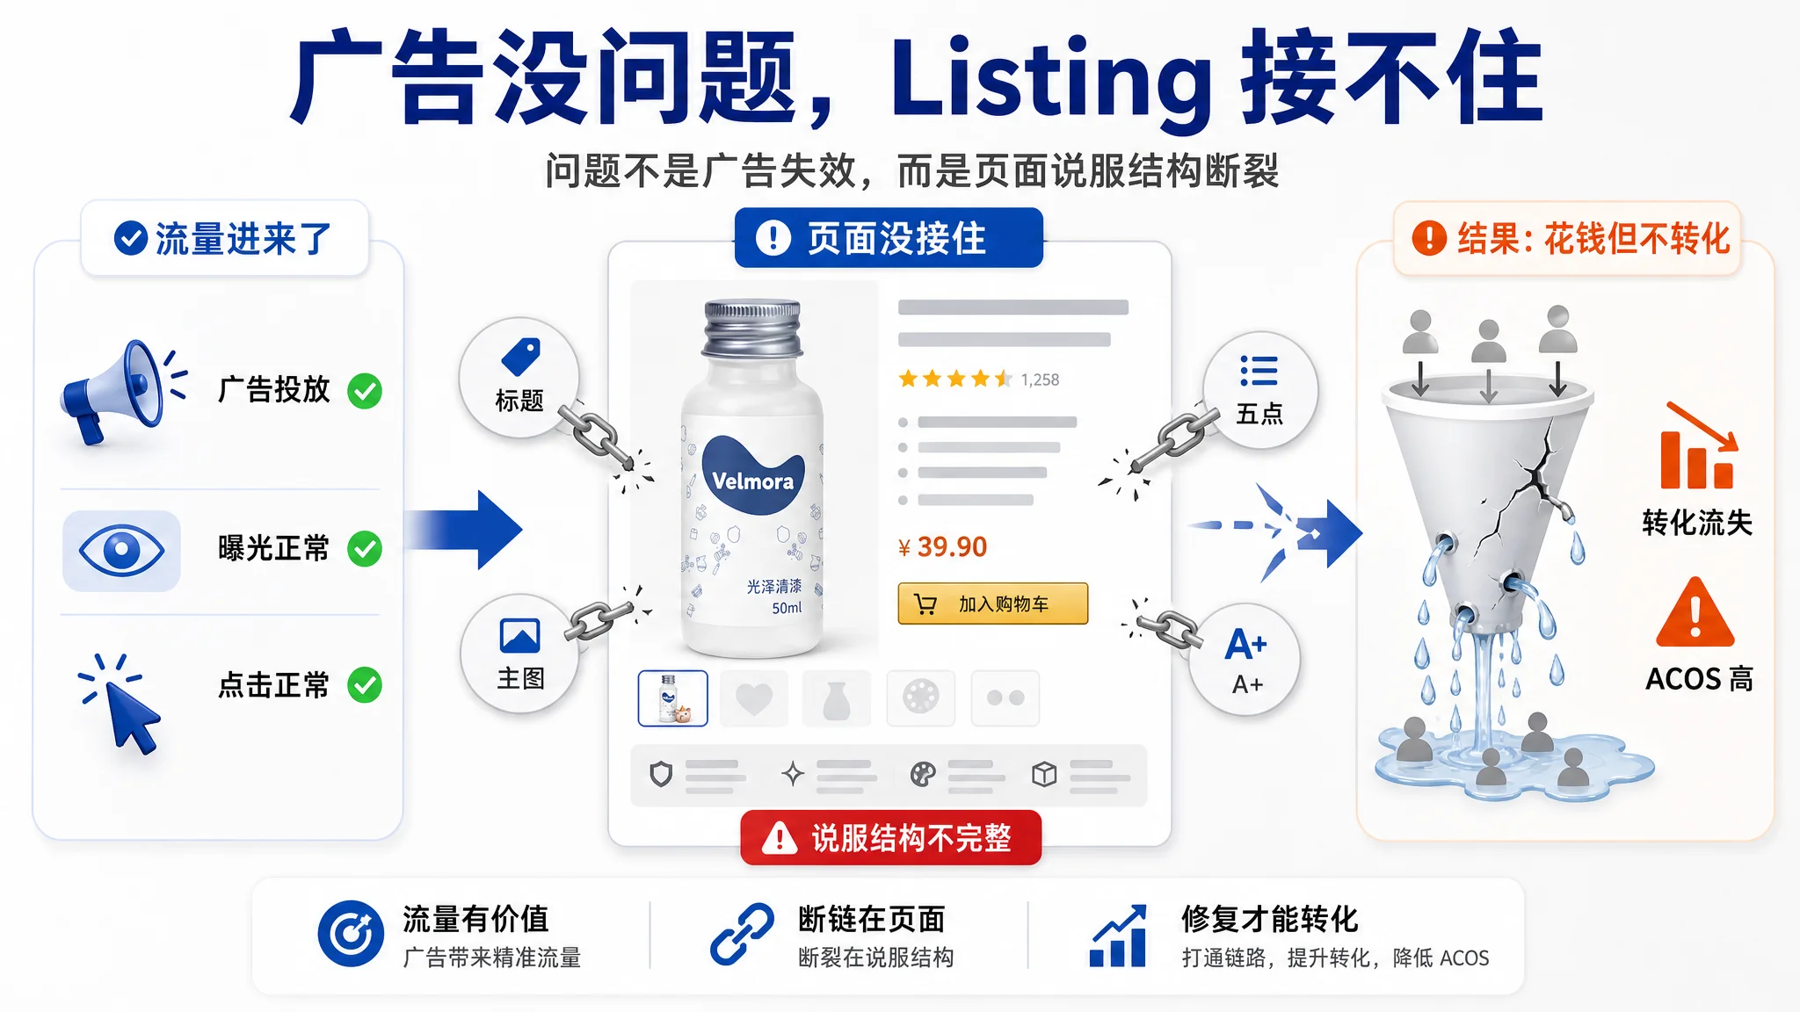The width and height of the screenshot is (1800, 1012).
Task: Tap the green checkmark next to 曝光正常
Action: [365, 549]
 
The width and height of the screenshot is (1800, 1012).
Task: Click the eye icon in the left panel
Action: [121, 551]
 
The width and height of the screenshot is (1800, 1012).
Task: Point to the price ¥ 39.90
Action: [942, 547]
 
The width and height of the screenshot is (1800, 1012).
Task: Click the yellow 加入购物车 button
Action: [992, 604]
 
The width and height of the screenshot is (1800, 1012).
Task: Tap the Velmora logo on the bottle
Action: [752, 474]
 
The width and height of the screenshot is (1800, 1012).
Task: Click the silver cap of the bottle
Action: [752, 327]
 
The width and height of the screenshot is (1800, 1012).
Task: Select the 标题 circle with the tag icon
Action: [519, 377]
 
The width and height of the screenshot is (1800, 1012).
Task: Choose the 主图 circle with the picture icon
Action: [519, 654]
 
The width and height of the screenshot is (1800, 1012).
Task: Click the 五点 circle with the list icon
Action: [1259, 390]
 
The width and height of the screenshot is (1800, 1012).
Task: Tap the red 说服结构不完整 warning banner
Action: [890, 838]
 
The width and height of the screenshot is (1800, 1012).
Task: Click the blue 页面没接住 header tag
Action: [889, 238]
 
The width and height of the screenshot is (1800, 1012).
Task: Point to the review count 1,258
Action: [1040, 379]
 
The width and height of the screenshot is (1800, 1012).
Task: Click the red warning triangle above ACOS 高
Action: [1695, 613]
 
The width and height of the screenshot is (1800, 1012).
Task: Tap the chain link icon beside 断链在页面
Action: [742, 934]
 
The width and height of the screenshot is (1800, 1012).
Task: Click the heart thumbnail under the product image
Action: [753, 698]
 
